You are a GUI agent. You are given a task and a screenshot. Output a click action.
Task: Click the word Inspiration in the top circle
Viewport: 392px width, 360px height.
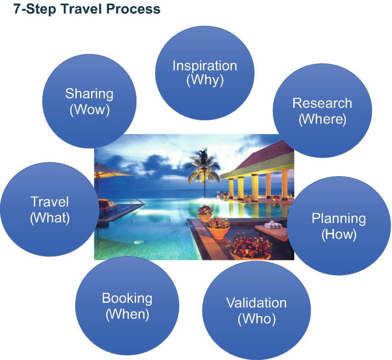pos(205,66)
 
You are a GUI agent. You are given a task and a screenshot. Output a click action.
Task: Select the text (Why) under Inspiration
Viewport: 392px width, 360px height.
pos(205,80)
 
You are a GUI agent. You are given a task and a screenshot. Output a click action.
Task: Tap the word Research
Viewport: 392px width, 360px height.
pos(322,103)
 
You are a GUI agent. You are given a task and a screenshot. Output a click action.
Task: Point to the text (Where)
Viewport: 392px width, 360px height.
pos(322,119)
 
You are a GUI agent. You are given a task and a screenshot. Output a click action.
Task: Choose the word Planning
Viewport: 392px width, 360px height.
pos(339,219)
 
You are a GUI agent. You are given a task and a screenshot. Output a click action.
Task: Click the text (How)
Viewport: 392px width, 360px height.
pos(339,234)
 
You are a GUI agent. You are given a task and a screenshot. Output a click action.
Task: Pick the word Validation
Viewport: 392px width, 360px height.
pos(256,303)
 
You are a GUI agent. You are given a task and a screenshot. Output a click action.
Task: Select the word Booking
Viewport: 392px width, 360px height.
pos(127,298)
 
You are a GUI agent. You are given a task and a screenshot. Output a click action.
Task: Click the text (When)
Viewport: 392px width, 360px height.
pos(127,314)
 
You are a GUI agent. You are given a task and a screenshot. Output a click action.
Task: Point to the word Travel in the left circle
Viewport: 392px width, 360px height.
pos(50,202)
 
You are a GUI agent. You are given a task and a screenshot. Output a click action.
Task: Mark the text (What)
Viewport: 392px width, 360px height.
pos(50,218)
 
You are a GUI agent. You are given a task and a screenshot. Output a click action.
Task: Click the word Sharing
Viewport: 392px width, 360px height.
pos(89,94)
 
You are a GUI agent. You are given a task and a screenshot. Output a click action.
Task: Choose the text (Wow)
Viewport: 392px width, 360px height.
pos(89,110)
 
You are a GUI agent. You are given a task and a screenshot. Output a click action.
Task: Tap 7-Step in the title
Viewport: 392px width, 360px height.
pos(35,9)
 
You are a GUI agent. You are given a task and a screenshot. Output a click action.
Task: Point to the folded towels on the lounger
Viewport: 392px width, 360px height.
pos(273,225)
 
